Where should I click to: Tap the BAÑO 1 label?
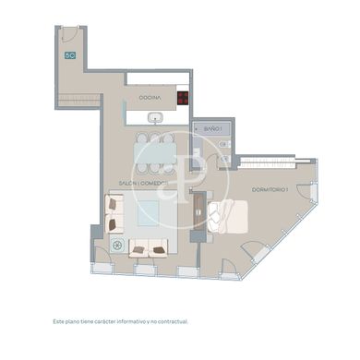pyautogui.click(x=213, y=130)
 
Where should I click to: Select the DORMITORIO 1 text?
pyautogui.click(x=270, y=189)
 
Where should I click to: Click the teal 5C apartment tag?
pyautogui.click(x=70, y=56)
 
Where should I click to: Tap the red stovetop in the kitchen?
pyautogui.click(x=183, y=97)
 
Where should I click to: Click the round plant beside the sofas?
pyautogui.click(x=117, y=246)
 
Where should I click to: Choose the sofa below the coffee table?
pyautogui.click(x=148, y=246)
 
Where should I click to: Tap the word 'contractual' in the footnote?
pyautogui.click(x=170, y=322)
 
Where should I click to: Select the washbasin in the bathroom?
pyautogui.click(x=223, y=144)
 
